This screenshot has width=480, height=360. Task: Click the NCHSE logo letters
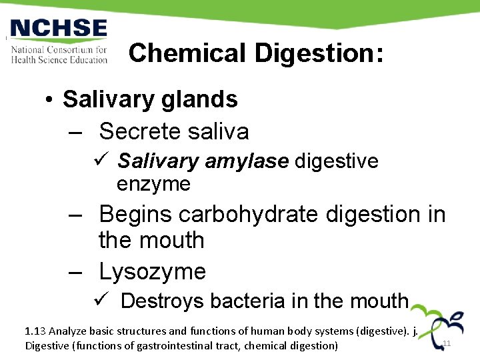(59, 29)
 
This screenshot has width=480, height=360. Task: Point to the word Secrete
(136, 131)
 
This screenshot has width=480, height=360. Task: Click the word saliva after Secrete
(215, 131)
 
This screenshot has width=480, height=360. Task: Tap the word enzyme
(153, 183)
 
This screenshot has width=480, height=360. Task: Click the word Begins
(136, 214)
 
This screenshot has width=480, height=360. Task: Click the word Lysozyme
(152, 271)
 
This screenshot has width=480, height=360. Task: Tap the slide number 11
(447, 343)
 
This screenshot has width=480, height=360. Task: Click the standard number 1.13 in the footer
(35, 330)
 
